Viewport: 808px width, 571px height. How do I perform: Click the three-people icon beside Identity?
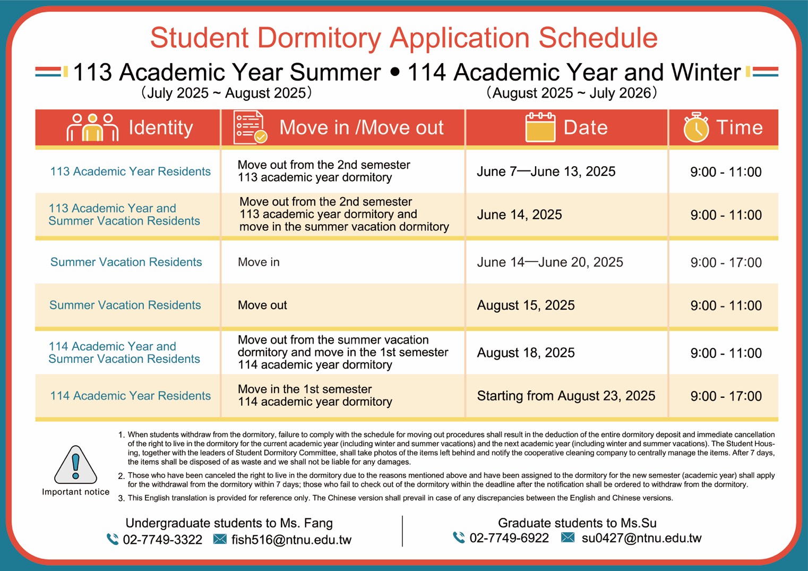coord(92,127)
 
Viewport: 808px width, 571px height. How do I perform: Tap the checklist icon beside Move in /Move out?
coord(250,127)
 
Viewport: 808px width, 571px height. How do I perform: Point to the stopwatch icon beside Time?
coord(696,127)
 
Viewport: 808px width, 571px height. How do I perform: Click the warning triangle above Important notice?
coord(75,465)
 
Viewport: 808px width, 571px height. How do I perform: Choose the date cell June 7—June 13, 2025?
coord(546,172)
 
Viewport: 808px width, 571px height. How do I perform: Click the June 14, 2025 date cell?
coord(519,215)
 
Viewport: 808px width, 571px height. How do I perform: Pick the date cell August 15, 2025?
coord(526,305)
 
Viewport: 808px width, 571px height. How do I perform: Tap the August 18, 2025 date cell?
coord(526,353)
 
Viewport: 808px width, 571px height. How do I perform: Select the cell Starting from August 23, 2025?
coord(566,396)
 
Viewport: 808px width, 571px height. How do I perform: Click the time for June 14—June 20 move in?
coord(726,262)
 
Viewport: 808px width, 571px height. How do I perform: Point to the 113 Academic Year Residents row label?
coord(130,172)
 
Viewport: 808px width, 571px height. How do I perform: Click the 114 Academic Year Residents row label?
coord(130,396)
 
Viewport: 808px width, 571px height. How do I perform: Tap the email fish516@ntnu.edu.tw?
coord(291,540)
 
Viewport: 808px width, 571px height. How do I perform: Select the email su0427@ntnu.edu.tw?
coord(641,538)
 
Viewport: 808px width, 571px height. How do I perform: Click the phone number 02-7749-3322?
coord(162,540)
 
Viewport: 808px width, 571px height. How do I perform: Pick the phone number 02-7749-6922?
coord(509,538)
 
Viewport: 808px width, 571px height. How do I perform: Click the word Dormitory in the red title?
coord(319,38)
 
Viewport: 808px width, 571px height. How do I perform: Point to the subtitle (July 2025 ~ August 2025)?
coord(226,93)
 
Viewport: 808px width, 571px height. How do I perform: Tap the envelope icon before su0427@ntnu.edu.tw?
coord(568,538)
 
